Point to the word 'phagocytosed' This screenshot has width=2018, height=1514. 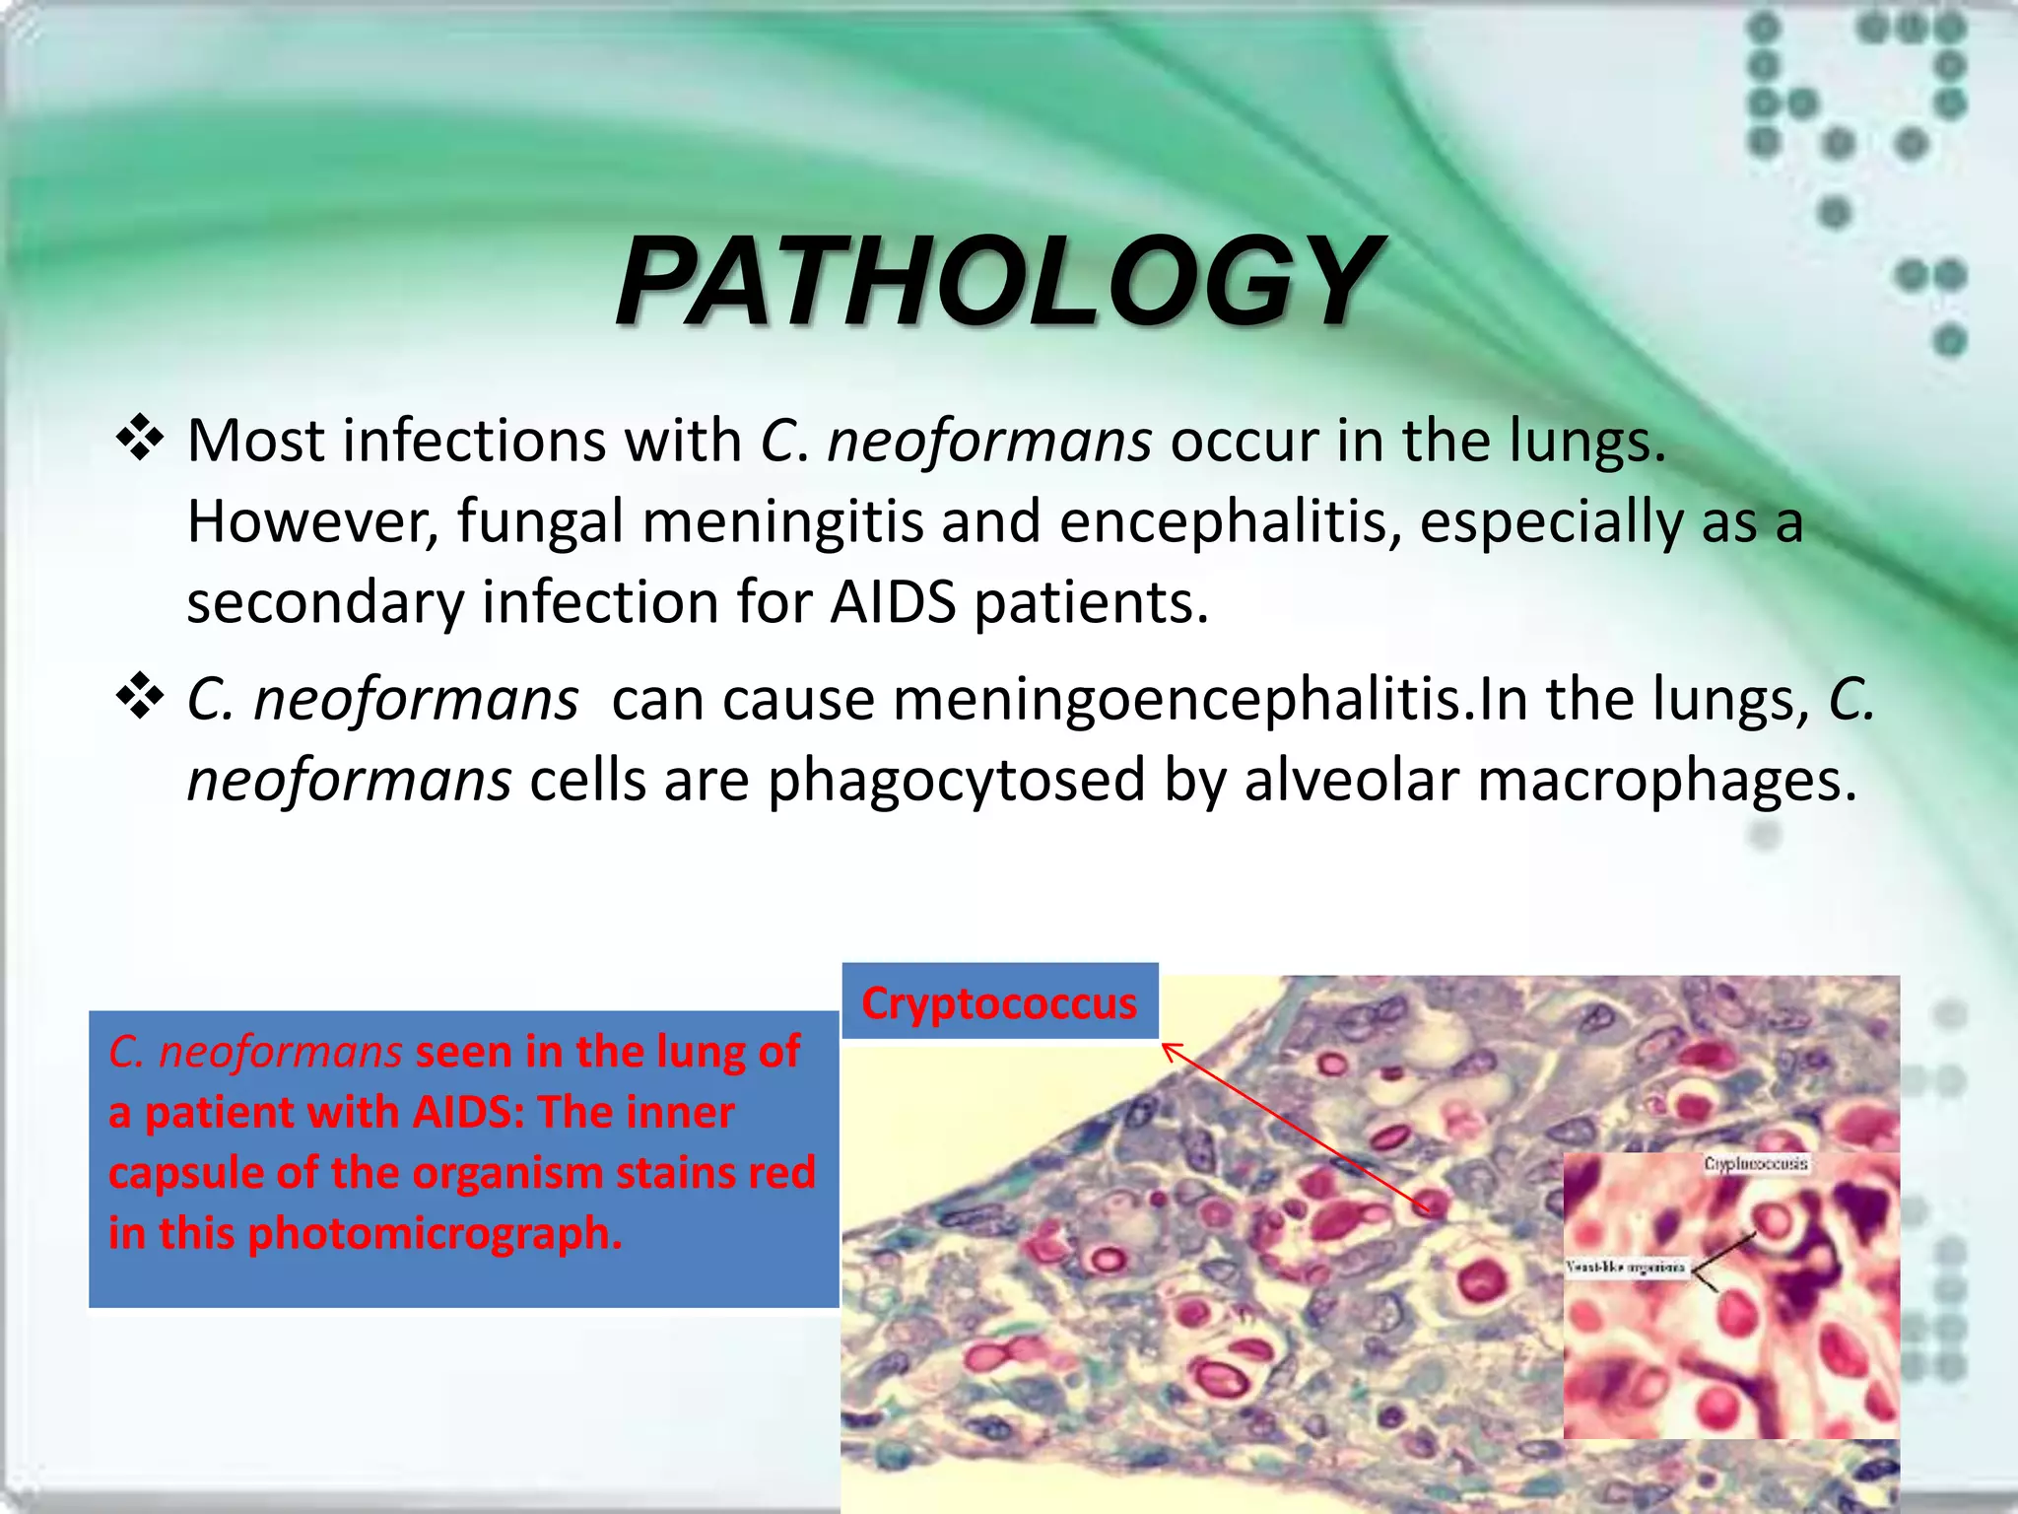(956, 781)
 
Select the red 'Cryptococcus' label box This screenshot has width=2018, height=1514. (999, 1002)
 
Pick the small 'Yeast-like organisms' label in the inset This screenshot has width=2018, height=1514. (1626, 1267)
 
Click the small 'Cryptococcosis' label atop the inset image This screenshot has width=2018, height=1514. (1755, 1164)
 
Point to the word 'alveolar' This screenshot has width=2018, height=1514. (1351, 781)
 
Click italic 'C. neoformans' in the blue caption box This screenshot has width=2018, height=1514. (254, 1052)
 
